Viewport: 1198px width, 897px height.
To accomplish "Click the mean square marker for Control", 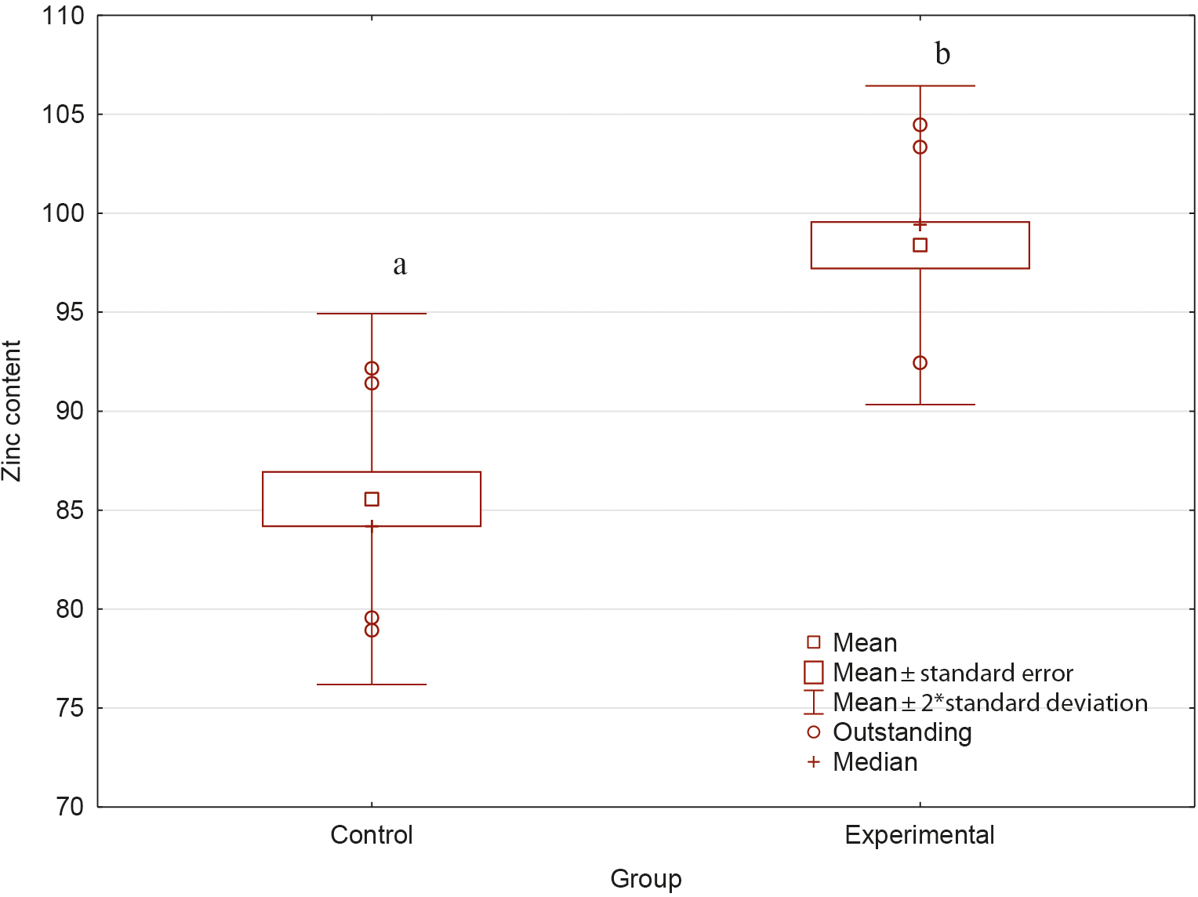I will (372, 499).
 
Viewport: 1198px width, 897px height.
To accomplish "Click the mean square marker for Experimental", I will (920, 245).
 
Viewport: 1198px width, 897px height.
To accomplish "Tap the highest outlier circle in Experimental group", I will (920, 125).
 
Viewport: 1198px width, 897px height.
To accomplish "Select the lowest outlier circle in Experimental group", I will (920, 363).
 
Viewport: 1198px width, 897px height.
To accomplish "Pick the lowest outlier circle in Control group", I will (372, 630).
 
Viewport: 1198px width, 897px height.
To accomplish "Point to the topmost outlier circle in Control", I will (372, 369).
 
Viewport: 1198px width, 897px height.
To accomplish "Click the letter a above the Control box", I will (400, 266).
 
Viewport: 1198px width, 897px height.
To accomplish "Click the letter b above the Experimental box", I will (942, 54).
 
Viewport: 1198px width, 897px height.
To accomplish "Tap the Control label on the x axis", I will (372, 835).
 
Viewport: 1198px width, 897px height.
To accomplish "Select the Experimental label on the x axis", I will (920, 835).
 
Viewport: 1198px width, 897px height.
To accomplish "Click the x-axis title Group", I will (646, 879).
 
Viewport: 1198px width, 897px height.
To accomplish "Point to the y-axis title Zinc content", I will (12, 411).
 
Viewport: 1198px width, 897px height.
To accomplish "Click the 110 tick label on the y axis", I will (63, 16).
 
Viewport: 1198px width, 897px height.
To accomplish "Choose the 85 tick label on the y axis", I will (69, 510).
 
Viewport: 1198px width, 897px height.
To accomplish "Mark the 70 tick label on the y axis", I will (69, 807).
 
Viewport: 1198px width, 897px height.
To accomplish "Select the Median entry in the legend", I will (875, 762).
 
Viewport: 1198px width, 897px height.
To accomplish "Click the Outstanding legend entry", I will (902, 732).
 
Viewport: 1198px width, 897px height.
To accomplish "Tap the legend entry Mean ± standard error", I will (953, 673).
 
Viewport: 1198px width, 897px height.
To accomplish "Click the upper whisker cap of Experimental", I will (920, 86).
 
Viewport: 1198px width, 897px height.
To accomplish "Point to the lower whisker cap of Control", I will (372, 685).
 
